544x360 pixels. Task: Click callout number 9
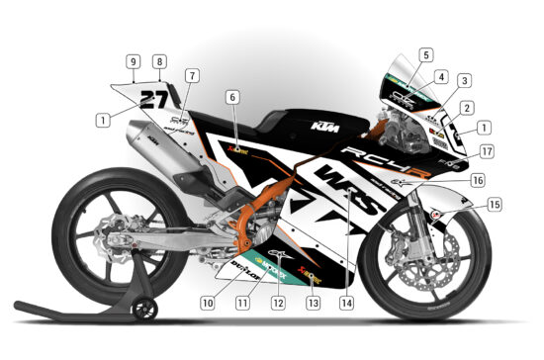(132, 61)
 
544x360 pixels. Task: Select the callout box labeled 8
(159, 61)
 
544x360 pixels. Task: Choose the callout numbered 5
(425, 55)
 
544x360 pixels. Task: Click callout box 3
(464, 80)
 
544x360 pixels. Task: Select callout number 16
(477, 181)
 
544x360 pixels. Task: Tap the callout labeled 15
(494, 205)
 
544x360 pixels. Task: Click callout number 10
(208, 301)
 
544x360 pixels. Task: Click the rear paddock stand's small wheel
(145, 309)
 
